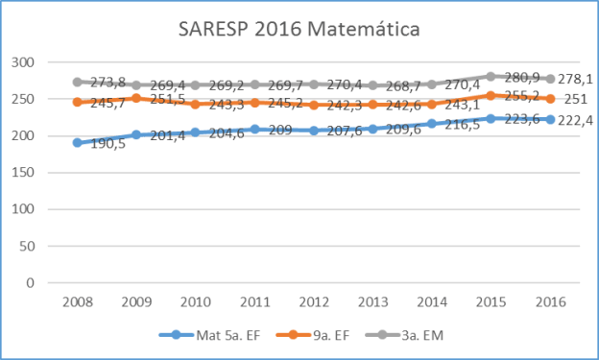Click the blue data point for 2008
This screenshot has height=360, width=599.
click(78, 142)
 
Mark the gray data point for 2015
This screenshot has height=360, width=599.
click(491, 76)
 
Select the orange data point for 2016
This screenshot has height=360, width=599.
click(550, 98)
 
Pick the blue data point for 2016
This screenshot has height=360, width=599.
click(550, 119)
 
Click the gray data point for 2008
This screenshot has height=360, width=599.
click(78, 82)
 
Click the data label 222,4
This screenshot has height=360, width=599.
click(576, 120)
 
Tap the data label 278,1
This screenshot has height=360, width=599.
click(576, 80)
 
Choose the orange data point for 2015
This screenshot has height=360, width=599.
click(491, 95)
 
